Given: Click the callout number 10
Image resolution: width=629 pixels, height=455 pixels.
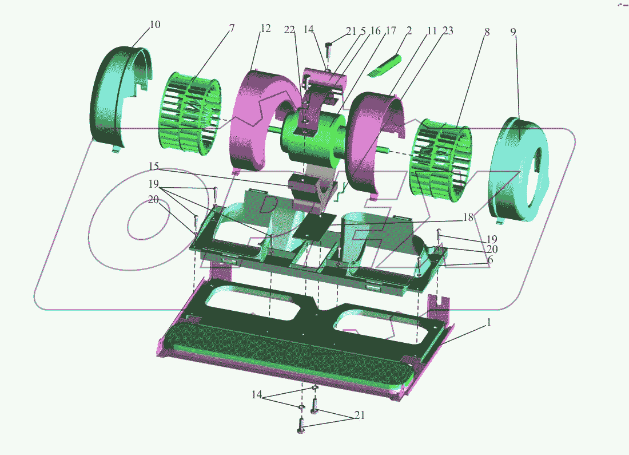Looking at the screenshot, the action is point(155,25).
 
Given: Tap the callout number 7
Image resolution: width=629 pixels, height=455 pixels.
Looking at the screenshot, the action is point(232,29).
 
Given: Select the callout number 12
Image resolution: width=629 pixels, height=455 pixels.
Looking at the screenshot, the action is point(265,29).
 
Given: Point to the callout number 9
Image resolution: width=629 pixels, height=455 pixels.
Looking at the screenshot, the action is point(513,31).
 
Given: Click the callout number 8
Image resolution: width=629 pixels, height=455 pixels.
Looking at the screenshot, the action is point(487,31).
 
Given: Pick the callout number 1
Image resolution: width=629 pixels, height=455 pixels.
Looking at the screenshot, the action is point(488,322).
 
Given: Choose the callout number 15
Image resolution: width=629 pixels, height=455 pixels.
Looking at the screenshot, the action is point(154,166).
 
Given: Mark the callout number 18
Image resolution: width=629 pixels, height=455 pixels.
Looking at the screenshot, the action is point(468,217).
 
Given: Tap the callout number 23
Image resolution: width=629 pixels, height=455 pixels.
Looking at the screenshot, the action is point(448,30).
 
